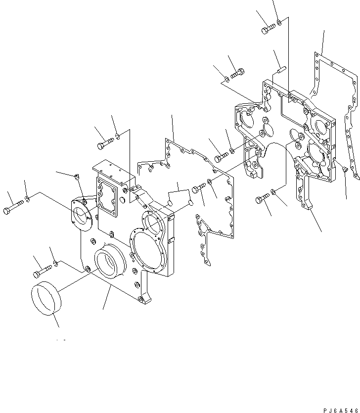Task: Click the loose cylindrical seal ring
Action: [x=45, y=299]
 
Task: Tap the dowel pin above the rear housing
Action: [x=281, y=70]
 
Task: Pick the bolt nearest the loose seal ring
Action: [x=43, y=271]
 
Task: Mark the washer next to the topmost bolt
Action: [x=279, y=22]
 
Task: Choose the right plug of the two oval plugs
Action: [x=190, y=203]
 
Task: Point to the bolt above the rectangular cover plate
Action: [x=104, y=143]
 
